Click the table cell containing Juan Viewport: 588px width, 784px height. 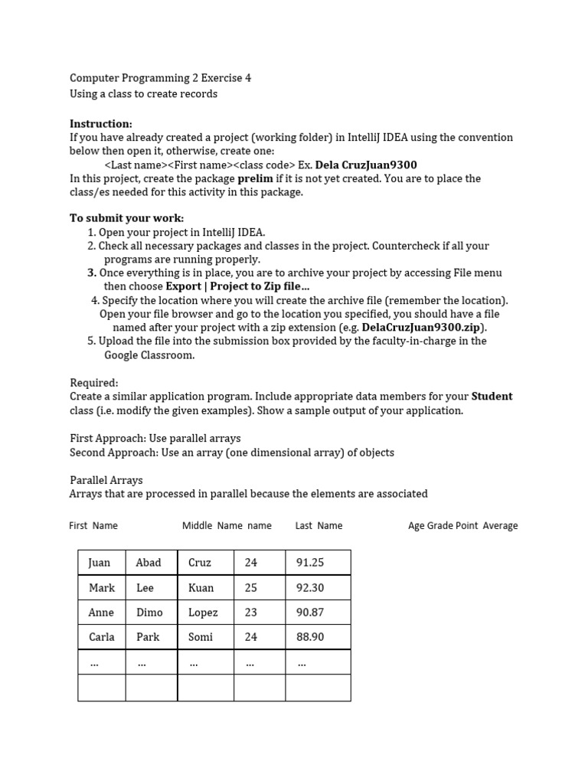tap(101, 563)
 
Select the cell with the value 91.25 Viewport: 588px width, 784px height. tap(317, 563)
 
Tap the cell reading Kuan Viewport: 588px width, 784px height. tap(204, 588)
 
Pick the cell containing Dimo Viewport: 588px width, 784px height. tap(151, 612)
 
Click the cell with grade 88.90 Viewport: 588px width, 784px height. tap(317, 637)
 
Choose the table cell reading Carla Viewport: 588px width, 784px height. tap(101, 637)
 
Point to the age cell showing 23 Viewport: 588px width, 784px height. tap(259, 612)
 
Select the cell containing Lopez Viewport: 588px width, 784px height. tap(204, 612)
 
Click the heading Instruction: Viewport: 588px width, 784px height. tap(101, 124)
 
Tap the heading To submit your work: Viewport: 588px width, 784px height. tap(127, 218)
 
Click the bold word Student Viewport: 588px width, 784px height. tap(492, 397)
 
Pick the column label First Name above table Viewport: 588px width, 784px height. tap(93, 526)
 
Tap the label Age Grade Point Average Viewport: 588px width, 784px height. tap(462, 526)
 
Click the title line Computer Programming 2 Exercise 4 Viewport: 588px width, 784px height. tap(160, 78)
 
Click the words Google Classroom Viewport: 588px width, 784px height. tap(149, 355)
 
